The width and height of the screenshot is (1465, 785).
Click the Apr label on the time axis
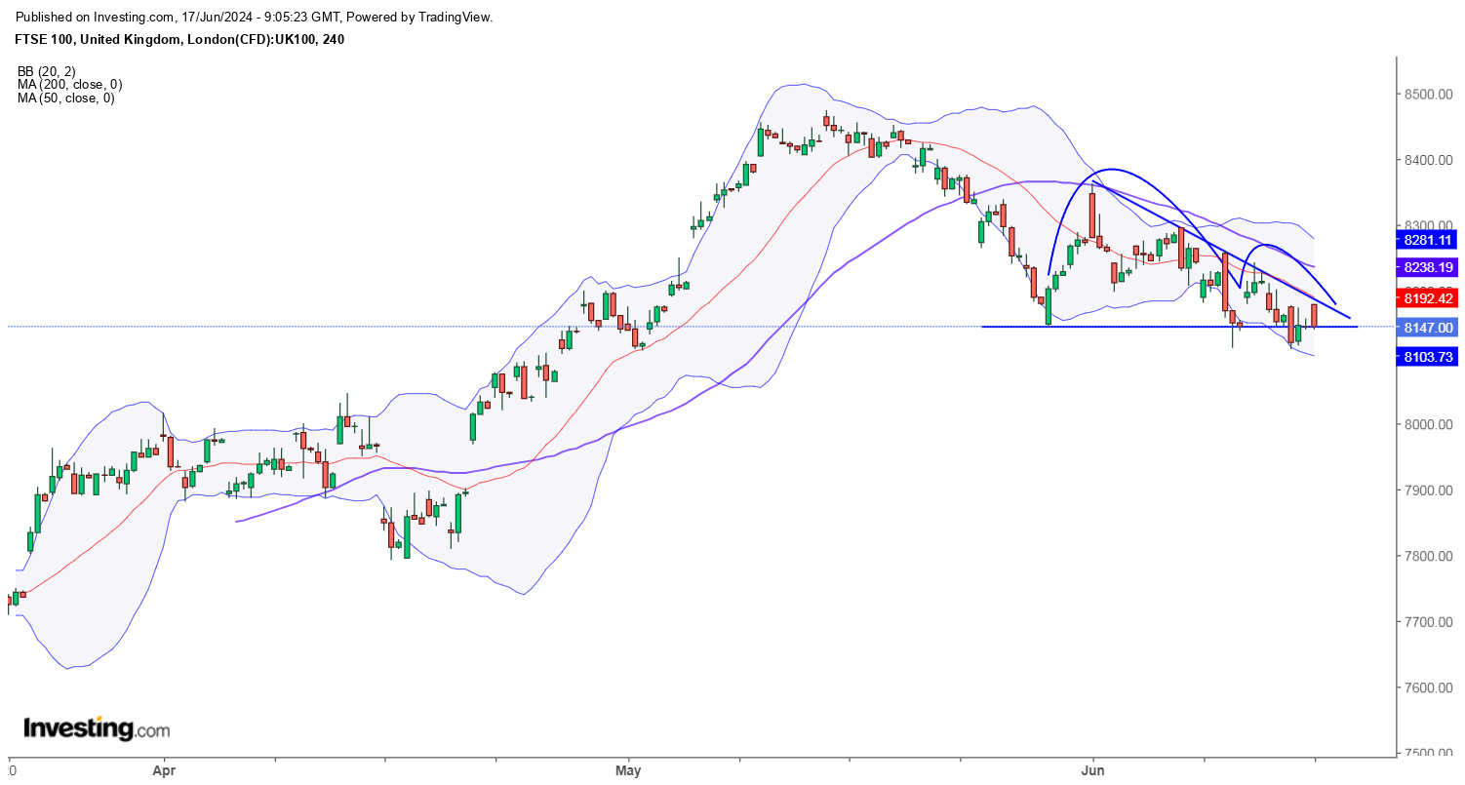tap(163, 769)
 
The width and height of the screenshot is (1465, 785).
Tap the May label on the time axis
tap(629, 769)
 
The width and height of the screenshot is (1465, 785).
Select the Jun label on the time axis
tap(1093, 769)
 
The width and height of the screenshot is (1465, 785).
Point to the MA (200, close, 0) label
tap(69, 85)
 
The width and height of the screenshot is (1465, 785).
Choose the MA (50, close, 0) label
tap(65, 98)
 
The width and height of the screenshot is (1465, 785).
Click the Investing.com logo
tap(96, 728)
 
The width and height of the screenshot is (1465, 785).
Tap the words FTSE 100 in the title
tap(45, 40)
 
